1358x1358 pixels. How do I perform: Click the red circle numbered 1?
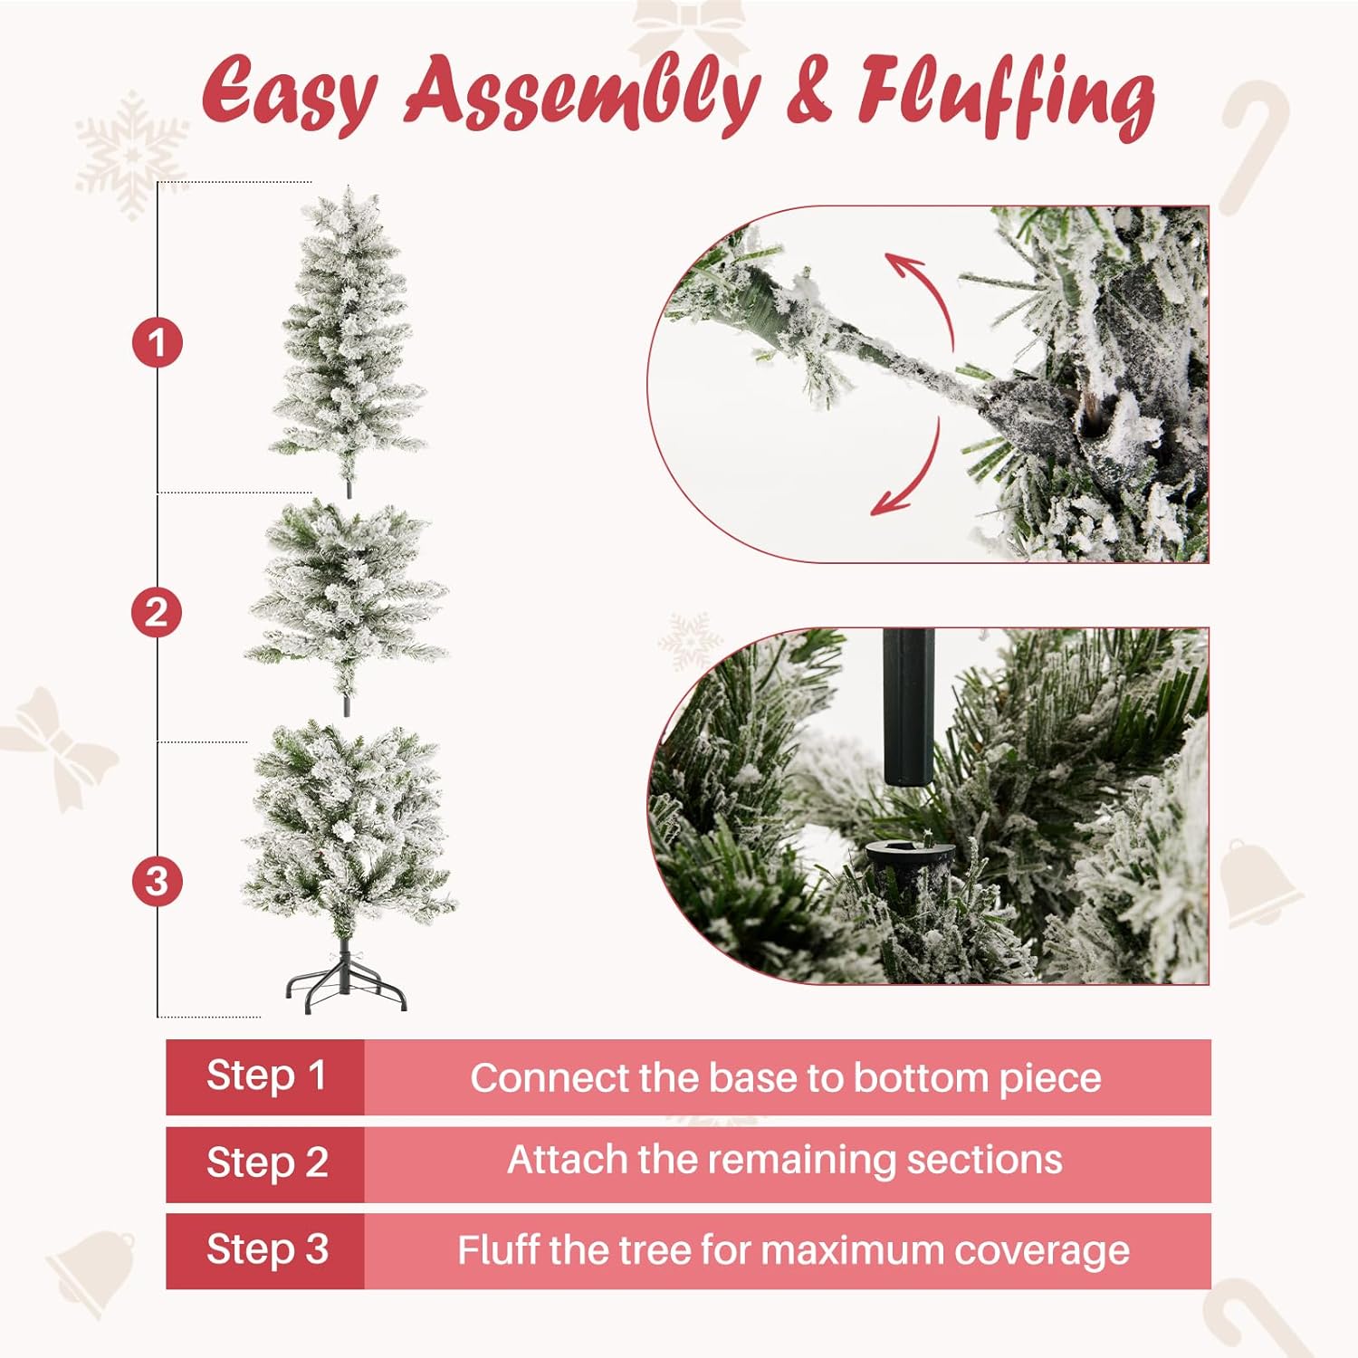click(158, 343)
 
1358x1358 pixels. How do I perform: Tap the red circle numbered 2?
click(157, 613)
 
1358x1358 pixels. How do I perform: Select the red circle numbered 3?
click(157, 881)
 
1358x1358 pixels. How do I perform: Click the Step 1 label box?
click(265, 1076)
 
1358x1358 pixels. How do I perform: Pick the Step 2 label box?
click(265, 1163)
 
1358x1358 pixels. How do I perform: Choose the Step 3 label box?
click(265, 1250)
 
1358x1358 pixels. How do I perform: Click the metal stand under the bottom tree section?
click(347, 981)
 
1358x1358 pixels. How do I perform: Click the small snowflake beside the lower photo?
click(690, 641)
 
